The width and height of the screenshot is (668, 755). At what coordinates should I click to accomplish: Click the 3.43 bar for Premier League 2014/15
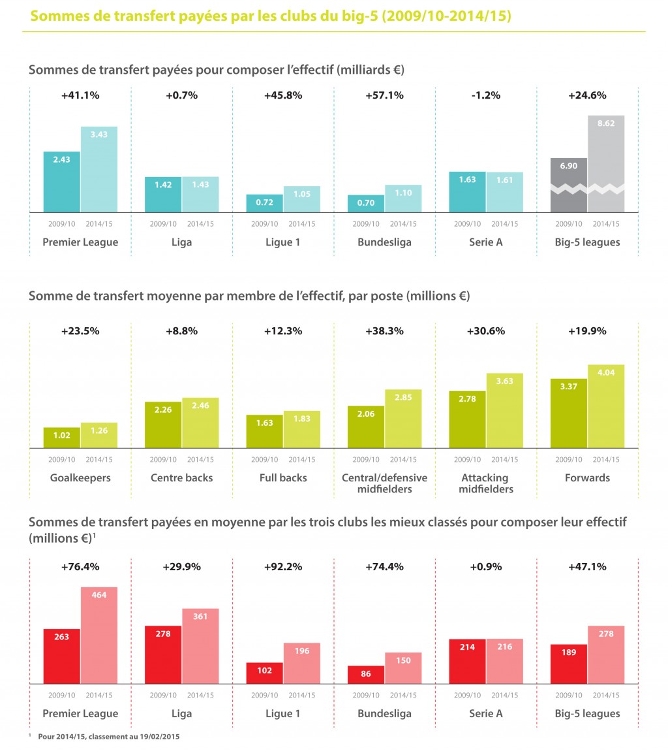[99, 170]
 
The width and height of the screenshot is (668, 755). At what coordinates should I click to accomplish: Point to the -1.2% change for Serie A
[485, 95]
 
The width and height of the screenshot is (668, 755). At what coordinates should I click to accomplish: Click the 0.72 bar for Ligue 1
[264, 203]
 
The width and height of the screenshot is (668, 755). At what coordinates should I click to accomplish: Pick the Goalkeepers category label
[80, 477]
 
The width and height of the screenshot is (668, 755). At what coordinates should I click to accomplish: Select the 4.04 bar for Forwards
[606, 406]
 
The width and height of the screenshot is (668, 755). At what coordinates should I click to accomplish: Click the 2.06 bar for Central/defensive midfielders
[366, 427]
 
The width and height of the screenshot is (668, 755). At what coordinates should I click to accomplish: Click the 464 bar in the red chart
[99, 635]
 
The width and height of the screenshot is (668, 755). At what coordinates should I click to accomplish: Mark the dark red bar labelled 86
[366, 675]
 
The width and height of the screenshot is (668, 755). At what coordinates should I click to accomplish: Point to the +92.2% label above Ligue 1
[283, 566]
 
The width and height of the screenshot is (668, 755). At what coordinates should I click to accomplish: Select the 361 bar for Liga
[200, 647]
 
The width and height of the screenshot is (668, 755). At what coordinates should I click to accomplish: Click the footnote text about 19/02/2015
[108, 736]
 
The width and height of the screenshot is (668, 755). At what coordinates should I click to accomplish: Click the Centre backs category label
[181, 477]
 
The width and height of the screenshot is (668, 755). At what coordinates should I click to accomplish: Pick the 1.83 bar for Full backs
[302, 430]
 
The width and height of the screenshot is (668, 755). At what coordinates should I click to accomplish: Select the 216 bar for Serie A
[504, 662]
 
